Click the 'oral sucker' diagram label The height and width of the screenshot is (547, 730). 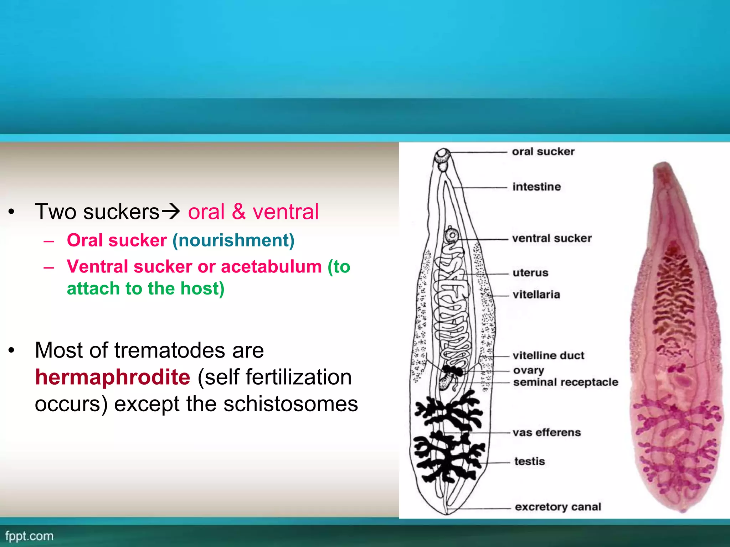(543, 152)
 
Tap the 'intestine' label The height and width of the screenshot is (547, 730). (536, 187)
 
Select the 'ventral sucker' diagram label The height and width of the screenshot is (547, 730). (552, 238)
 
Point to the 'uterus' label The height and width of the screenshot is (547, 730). (530, 273)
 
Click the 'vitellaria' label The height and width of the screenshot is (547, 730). (536, 295)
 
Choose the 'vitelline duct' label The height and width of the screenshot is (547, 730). (548, 355)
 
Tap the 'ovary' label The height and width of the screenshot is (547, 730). (529, 370)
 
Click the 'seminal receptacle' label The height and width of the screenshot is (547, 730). (566, 382)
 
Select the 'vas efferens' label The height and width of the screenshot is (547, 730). (547, 432)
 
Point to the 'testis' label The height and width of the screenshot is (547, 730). (530, 461)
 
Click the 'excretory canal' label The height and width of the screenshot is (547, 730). (558, 506)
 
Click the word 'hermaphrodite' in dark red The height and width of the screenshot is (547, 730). (113, 377)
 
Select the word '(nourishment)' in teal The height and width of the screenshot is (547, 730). (233, 240)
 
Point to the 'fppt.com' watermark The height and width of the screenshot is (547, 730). (29, 536)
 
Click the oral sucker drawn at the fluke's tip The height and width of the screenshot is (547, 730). (443, 155)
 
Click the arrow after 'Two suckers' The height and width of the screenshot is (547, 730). (171, 212)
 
